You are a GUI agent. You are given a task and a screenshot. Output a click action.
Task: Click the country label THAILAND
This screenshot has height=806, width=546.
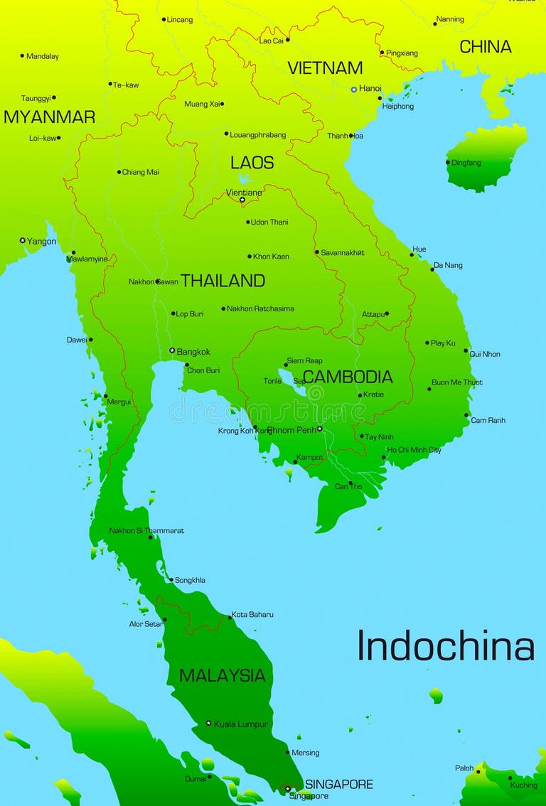[223, 281]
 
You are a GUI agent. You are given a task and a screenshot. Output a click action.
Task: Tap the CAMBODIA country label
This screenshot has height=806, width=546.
[348, 377]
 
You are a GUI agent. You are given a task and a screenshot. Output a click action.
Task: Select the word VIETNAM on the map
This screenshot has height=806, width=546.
[325, 68]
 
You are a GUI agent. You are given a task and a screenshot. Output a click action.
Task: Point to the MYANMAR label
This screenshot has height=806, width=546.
[49, 117]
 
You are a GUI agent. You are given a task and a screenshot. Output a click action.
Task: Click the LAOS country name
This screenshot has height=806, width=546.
[252, 163]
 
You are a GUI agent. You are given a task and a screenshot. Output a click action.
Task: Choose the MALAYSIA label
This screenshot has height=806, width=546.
[222, 675]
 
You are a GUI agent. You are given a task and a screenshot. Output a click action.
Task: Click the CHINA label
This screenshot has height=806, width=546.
[486, 47]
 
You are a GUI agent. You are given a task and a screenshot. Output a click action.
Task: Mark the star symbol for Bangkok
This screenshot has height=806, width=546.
[172, 350]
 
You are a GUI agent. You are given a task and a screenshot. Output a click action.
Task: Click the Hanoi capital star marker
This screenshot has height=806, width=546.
[354, 90]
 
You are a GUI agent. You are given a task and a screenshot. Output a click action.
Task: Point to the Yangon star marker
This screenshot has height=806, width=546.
[23, 241]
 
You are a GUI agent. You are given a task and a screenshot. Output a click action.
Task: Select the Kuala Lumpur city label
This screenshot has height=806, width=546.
[241, 724]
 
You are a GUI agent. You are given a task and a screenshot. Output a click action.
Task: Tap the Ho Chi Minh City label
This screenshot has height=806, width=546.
[414, 450]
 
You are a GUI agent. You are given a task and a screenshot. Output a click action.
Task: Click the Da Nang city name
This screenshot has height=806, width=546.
[448, 266]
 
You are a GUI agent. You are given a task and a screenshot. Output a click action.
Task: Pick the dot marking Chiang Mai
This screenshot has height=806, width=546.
[119, 172]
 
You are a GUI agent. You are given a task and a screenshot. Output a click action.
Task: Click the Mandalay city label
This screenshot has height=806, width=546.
[42, 56]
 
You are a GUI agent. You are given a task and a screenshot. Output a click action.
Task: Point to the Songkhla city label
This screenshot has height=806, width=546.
[190, 581]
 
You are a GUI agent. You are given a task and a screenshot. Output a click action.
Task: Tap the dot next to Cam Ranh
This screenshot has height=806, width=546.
[467, 415]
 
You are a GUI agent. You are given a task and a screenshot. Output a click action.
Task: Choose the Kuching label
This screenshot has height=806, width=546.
[523, 785]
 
